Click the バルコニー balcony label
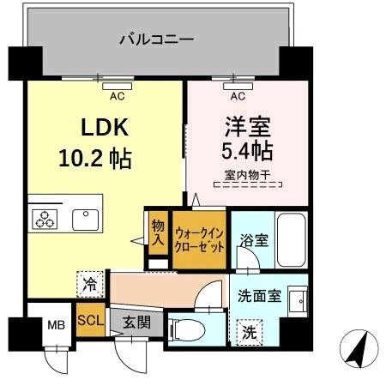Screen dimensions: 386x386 click(x=155, y=39)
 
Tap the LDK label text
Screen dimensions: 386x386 click(x=105, y=129)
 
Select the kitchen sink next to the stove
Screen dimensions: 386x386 click(x=87, y=219)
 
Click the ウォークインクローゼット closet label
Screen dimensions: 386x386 click(x=200, y=238)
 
